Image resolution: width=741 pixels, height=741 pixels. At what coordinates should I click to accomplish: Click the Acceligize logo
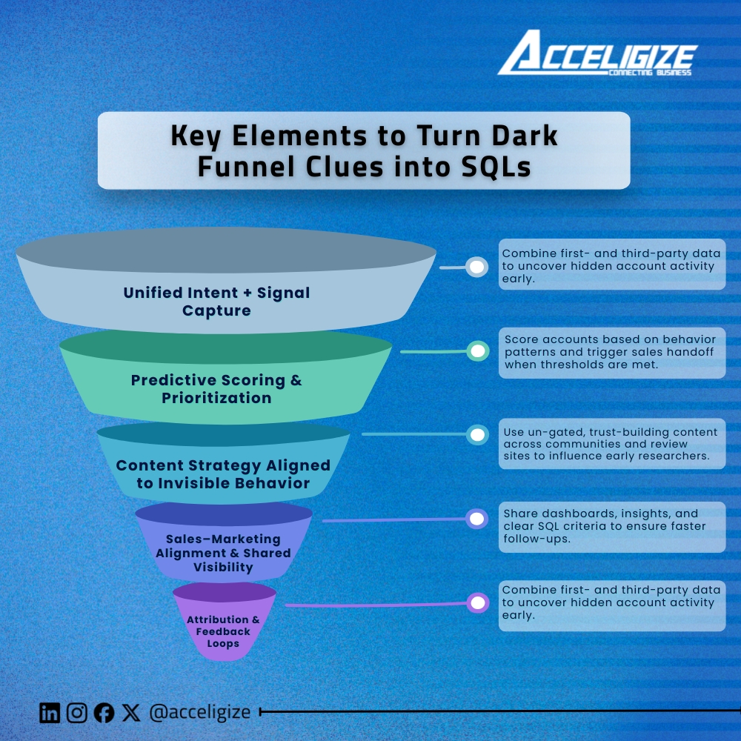[x=597, y=53]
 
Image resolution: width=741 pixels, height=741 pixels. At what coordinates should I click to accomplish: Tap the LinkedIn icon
[x=50, y=713]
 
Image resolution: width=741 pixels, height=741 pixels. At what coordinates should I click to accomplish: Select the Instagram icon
[x=77, y=713]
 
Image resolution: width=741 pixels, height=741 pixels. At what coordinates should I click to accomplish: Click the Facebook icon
[x=104, y=713]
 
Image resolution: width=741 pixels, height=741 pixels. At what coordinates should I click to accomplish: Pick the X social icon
[x=131, y=713]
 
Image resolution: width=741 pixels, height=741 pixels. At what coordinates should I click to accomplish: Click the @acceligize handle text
[x=199, y=713]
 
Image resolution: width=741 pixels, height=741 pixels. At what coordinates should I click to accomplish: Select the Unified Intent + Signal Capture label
[x=216, y=302]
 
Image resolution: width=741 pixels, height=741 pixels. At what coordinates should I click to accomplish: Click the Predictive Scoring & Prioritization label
[x=216, y=389]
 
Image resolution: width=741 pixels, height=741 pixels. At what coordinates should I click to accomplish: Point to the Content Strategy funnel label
[x=223, y=474]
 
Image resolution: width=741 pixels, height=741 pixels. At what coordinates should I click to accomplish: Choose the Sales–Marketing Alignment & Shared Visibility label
[x=223, y=553]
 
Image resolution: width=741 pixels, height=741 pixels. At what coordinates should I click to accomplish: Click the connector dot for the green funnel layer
[x=478, y=350]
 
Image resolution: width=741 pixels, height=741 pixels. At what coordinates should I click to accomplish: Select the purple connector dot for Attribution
[x=479, y=603]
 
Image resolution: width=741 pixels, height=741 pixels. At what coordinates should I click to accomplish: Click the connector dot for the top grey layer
[x=477, y=267]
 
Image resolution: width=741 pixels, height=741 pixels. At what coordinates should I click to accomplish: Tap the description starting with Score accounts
[x=611, y=352]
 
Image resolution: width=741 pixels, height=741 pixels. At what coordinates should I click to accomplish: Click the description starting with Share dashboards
[x=611, y=526]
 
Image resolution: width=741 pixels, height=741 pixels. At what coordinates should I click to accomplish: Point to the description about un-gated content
[x=611, y=443]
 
